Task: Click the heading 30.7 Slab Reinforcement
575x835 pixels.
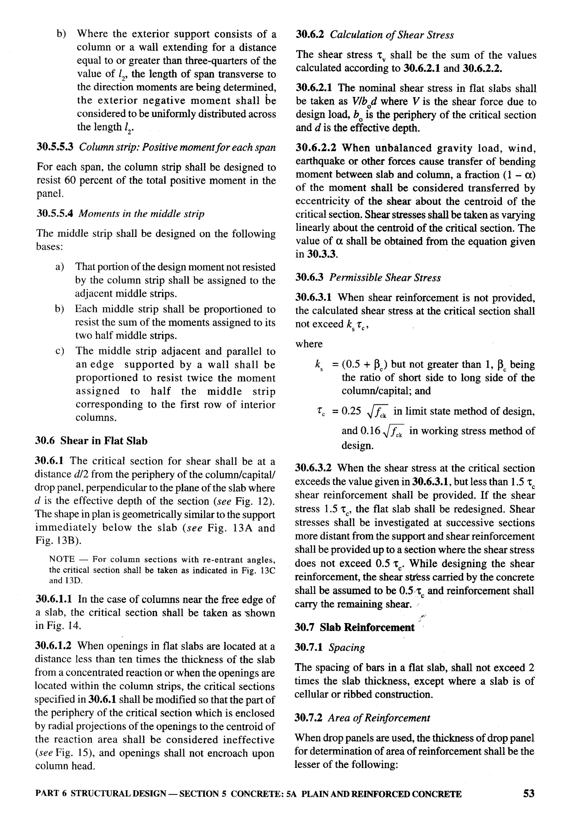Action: (355, 628)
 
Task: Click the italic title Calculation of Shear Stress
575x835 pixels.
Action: (392, 35)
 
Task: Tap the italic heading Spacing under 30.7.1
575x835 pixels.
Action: (346, 648)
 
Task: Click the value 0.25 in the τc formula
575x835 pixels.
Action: (351, 411)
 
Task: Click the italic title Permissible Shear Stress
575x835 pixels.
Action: (385, 278)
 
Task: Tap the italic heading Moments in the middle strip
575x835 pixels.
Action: (141, 214)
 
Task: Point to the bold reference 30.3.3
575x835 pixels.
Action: (322, 254)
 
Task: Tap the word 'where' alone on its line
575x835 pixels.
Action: (309, 344)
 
